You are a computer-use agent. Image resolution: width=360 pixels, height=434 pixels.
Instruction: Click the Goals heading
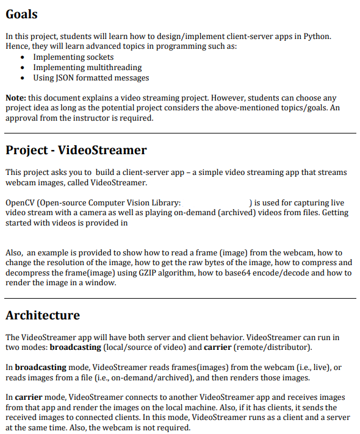tap(21, 15)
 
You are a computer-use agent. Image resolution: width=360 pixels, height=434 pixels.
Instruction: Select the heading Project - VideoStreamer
tap(76, 150)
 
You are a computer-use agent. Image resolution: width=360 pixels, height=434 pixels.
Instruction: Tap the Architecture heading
tap(43, 315)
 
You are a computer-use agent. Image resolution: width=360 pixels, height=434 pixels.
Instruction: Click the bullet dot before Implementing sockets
tap(23, 57)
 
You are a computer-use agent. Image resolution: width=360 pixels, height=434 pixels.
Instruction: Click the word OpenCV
tap(20, 202)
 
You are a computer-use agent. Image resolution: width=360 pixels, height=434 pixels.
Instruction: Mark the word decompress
tap(27, 272)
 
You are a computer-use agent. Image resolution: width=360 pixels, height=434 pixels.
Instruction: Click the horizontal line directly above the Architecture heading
tap(180, 298)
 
